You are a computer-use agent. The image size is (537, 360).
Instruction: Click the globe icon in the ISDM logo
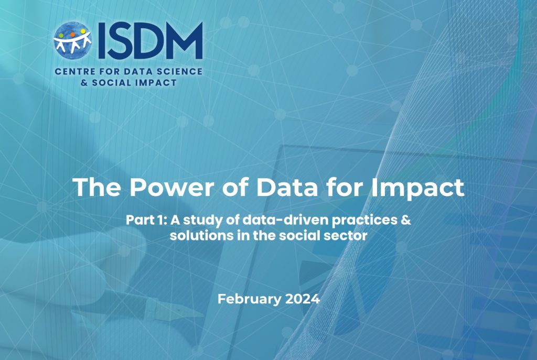72,40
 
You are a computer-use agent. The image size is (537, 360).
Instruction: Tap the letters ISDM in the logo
150,41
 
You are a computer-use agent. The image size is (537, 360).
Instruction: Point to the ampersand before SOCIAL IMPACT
84,82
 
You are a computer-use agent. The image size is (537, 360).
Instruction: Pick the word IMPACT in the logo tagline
156,82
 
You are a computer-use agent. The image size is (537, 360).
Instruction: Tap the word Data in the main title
287,187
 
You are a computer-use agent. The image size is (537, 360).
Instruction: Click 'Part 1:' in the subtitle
146,220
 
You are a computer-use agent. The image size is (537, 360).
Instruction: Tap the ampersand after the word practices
406,220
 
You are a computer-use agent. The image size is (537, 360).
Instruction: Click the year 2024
303,299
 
